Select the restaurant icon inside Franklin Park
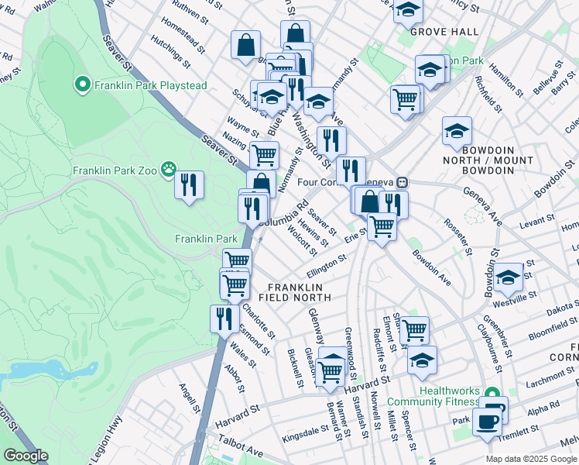189,184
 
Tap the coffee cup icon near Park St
487,422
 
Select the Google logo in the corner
25,456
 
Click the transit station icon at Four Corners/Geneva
402,183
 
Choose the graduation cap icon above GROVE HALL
408,10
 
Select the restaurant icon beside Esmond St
224,318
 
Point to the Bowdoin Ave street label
431,265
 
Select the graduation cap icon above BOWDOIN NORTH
457,129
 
